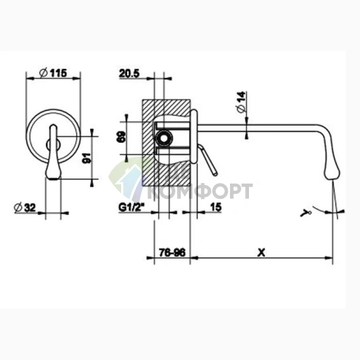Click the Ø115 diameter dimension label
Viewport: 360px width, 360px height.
click(x=53, y=73)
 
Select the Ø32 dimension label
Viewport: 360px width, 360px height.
click(x=25, y=208)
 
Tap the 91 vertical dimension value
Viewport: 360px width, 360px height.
click(x=86, y=157)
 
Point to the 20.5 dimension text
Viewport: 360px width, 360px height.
click(x=129, y=73)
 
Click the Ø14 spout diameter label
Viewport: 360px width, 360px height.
click(x=242, y=102)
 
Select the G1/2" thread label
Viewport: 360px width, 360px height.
click(x=131, y=208)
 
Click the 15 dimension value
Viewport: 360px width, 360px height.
click(x=216, y=207)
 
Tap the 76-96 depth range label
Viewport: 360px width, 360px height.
click(x=172, y=253)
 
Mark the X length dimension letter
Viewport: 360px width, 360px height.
click(x=261, y=253)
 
